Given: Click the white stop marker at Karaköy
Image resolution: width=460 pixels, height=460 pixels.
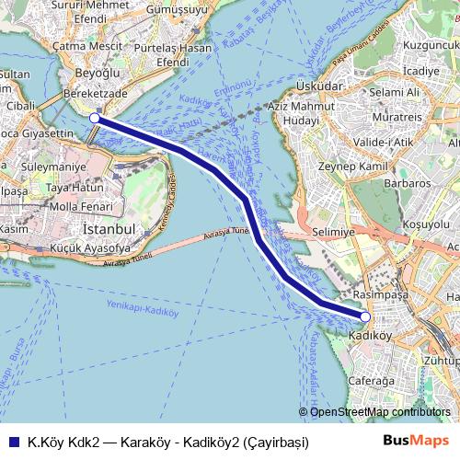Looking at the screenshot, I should click(x=95, y=119).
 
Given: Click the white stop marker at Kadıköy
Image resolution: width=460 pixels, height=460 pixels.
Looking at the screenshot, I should click(x=365, y=316).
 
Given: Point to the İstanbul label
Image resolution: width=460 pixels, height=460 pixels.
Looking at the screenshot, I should click(x=109, y=227).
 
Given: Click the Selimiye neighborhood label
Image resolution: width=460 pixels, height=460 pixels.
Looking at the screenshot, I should click(x=333, y=234).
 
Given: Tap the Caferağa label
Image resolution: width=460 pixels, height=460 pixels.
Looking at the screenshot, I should click(x=372, y=378).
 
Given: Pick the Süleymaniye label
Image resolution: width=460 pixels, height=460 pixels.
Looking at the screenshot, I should click(x=54, y=168).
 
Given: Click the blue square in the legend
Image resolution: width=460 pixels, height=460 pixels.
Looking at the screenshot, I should click(x=12, y=441).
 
